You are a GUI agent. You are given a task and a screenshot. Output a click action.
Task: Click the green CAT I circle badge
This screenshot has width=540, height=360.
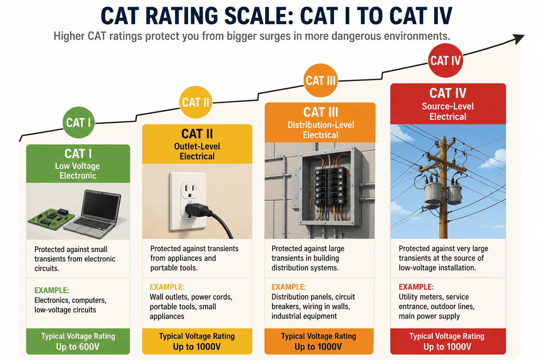pos(79,122)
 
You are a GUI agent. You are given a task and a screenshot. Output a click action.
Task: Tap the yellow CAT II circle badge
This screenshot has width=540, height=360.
pos(195,102)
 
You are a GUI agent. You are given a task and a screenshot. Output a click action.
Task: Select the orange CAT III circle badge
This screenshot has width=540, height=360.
pos(320,80)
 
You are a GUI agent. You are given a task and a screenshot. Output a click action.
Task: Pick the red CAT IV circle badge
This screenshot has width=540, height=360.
pos(445,60)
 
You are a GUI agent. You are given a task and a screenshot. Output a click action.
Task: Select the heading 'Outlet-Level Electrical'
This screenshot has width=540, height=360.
pos(197,151)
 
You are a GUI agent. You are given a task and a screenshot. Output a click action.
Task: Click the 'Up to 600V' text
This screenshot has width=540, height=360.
pos(78,347)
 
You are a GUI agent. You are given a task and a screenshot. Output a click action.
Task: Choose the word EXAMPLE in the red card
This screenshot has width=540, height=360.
pos(416,287)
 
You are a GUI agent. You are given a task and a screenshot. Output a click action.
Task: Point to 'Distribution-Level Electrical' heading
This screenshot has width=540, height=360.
pos(321,130)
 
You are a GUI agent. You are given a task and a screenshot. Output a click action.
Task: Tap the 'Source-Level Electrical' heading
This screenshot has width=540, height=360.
pos(448,111)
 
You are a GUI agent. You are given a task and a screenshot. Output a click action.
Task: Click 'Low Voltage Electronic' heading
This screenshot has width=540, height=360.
pos(77,171)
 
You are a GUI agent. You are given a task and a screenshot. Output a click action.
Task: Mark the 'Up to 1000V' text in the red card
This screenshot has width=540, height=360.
pos(448,347)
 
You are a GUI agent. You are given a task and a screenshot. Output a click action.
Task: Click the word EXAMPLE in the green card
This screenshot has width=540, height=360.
pos(52,290)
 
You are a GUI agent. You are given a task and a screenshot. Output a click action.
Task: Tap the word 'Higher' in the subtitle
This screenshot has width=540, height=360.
pos(69,36)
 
